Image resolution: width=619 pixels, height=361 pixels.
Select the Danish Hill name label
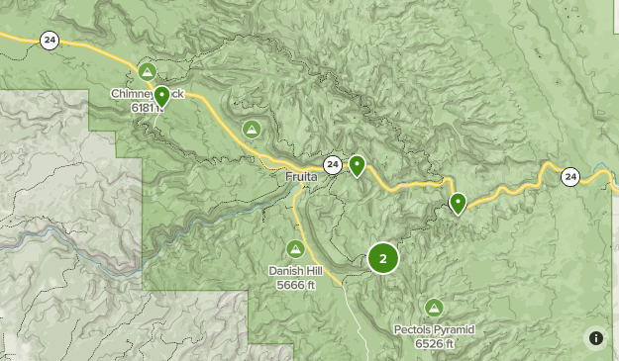[295, 270]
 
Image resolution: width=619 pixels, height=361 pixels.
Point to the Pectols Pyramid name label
[435, 329]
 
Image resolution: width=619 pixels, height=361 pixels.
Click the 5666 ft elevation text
[295, 285]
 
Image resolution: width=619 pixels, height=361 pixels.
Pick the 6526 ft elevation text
[435, 344]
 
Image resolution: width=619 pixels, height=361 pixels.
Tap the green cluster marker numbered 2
[383, 259]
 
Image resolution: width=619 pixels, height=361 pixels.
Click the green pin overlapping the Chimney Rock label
[161, 96]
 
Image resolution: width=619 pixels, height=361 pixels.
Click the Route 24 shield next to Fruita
[332, 164]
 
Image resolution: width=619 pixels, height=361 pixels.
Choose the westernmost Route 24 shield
[49, 40]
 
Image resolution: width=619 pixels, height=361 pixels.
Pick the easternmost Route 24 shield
[569, 177]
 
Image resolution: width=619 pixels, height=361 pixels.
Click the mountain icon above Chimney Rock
[147, 71]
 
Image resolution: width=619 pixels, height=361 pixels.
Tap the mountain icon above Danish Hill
[295, 248]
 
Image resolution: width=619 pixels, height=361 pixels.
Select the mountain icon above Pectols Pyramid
[434, 307]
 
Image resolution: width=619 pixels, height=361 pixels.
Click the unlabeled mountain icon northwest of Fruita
[253, 129]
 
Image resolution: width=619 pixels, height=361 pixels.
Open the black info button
[595, 338]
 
